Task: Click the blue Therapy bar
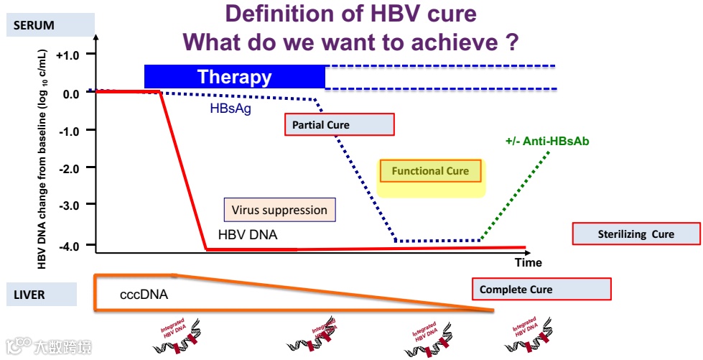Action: (x=235, y=77)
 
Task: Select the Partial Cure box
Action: (x=340, y=125)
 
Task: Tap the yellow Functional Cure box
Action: (x=431, y=171)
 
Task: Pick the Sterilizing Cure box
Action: (x=636, y=234)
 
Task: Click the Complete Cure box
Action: (x=541, y=290)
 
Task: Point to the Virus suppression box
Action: (x=279, y=211)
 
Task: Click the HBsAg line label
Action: (x=231, y=109)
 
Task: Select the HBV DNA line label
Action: (x=248, y=235)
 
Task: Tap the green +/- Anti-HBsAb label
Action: (x=547, y=142)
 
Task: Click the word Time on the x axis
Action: (x=529, y=262)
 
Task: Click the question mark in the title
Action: (x=511, y=42)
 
